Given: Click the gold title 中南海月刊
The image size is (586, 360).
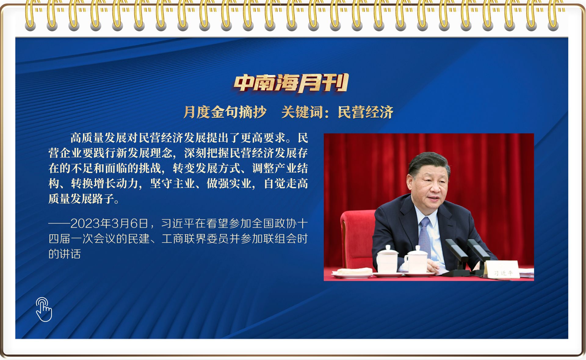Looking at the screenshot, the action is pos(291,83).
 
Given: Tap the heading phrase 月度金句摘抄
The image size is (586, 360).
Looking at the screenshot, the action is pos(225,112).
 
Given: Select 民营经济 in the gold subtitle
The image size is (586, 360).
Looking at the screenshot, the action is pos(365,112).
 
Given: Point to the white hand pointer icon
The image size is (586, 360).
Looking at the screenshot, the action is pos(44,309).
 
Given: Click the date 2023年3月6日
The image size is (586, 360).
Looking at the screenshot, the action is pos(110,224).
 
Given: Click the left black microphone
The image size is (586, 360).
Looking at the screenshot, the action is pos(457,253).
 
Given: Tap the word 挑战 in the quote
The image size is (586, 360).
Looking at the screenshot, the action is pos(150,168).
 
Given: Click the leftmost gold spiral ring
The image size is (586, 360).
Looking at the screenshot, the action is pos(30,15).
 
